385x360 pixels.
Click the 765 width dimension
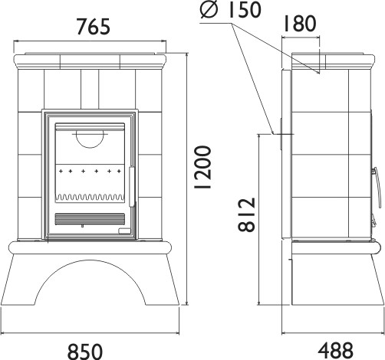click(94, 26)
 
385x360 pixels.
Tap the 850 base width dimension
click(85, 352)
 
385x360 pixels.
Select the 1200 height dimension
click(203, 167)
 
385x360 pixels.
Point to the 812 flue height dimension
click(247, 214)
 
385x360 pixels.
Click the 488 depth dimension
click(336, 350)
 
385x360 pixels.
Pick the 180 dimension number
click(300, 24)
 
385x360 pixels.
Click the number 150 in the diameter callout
click(245, 9)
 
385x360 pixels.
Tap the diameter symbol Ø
click(209, 11)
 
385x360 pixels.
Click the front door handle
click(132, 187)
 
